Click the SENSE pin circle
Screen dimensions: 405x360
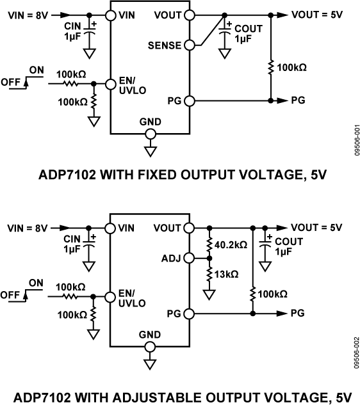[190, 45]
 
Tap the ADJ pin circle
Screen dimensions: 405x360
[190, 258]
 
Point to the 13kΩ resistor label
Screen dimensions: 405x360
[227, 274]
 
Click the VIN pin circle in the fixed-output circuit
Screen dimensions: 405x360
[111, 14]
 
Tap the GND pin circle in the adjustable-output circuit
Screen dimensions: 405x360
[151, 347]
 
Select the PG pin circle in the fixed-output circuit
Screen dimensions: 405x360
[190, 101]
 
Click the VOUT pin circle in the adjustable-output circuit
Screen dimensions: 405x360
[190, 228]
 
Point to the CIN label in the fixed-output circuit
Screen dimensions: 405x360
[73, 26]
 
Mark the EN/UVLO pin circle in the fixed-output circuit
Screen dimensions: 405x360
[111, 83]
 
